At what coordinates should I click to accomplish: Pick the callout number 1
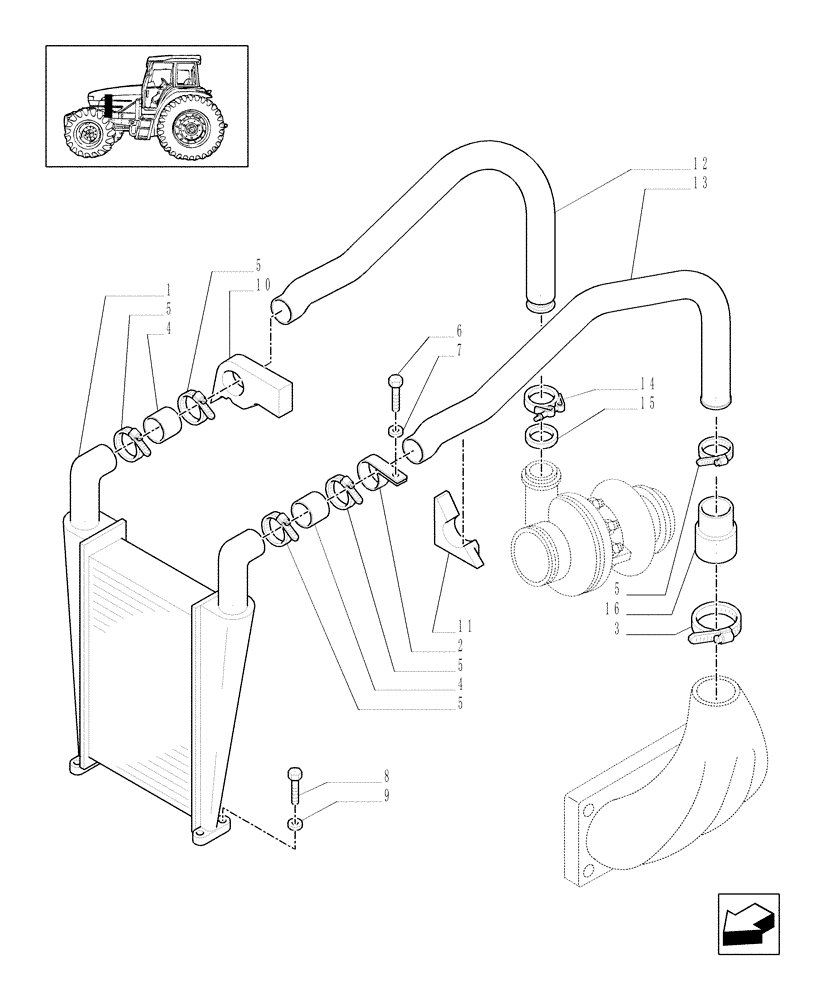coord(168,289)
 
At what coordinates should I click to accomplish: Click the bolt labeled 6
coord(396,386)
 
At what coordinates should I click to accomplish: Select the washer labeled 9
coord(295,823)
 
